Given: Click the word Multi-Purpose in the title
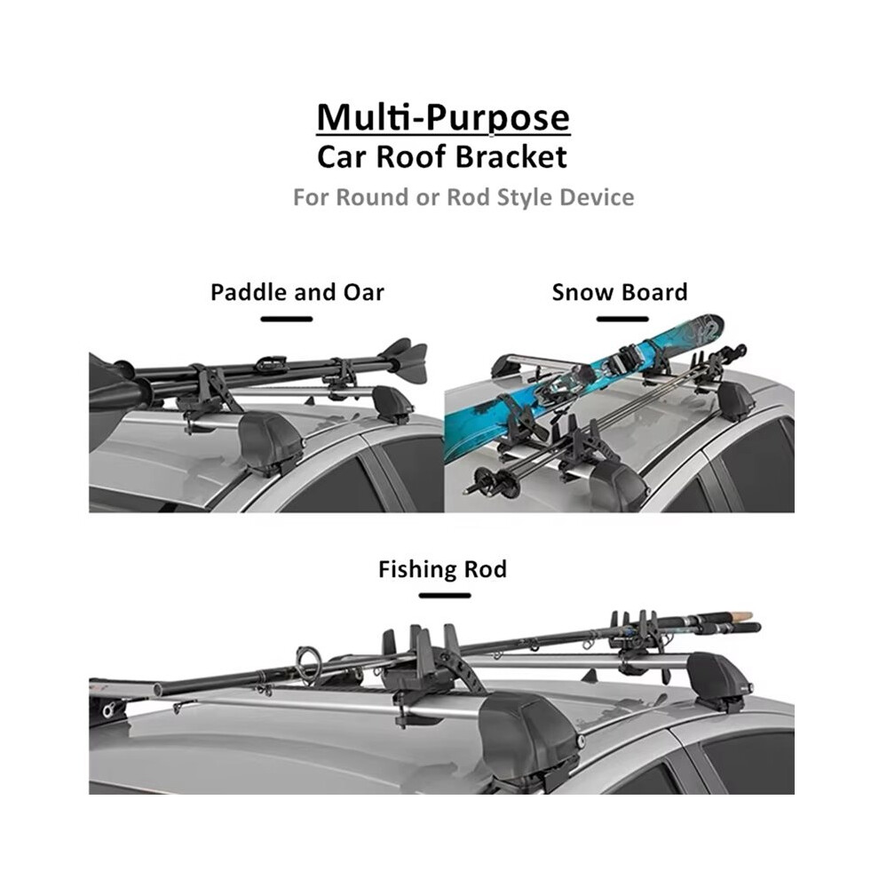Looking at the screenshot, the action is [443, 118].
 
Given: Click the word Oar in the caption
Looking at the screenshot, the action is [363, 292].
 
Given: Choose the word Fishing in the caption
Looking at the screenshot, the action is [416, 569].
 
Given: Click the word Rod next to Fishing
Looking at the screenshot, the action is [485, 569].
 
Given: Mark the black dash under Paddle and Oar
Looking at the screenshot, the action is [287, 319].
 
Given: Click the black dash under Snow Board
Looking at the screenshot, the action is [622, 319].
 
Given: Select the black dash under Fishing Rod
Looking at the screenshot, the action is [445, 596].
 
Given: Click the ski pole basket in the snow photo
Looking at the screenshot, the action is [483, 479].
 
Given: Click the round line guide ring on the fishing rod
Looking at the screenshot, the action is [307, 662].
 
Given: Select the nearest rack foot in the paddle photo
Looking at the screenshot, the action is [271, 443].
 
